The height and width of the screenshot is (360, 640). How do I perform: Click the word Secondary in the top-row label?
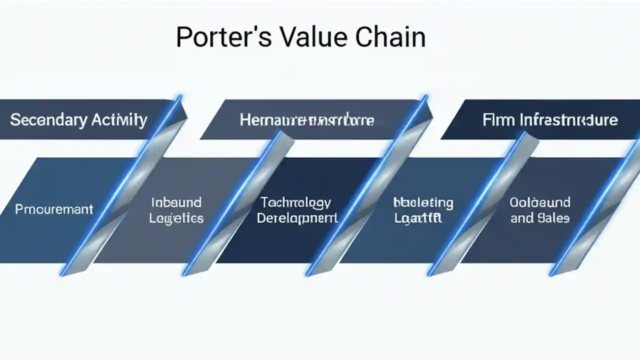tap(48, 120)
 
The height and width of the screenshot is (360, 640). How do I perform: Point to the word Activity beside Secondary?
tap(119, 120)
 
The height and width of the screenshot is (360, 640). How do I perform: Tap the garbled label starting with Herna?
tap(307, 120)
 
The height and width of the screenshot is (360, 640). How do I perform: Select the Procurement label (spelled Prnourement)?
tap(54, 209)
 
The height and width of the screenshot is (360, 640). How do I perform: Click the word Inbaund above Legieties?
tap(176, 202)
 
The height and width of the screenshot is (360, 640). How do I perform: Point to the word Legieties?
tap(177, 218)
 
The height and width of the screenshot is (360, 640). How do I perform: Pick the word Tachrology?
tap(296, 202)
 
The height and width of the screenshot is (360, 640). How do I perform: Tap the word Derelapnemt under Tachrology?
tap(297, 218)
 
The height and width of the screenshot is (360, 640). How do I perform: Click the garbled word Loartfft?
tap(418, 218)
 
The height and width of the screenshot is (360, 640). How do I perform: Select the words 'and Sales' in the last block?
tap(540, 218)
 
